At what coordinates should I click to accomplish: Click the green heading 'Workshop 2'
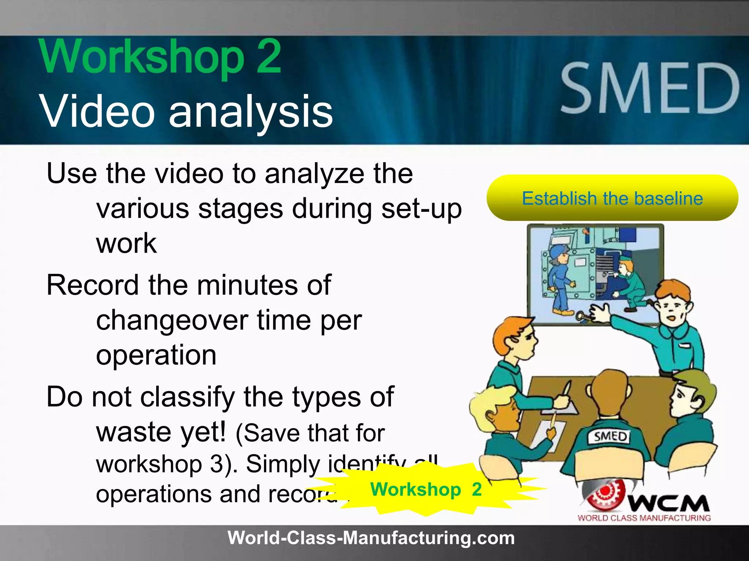pyautogui.click(x=161, y=57)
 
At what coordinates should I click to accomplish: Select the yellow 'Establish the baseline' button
pyautogui.click(x=612, y=198)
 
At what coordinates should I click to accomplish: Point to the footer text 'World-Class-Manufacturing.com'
pyautogui.click(x=371, y=538)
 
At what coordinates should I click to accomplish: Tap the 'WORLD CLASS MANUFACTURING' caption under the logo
pyautogui.click(x=644, y=518)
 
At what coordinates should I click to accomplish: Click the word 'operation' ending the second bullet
pyautogui.click(x=156, y=355)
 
